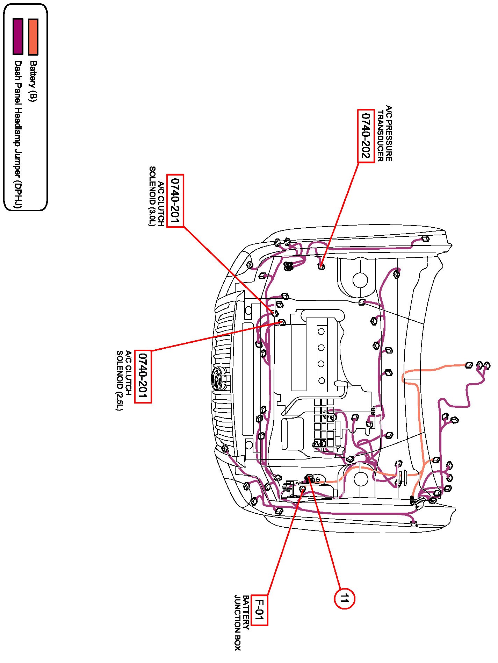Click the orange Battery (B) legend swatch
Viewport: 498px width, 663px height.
pyautogui.click(x=33, y=37)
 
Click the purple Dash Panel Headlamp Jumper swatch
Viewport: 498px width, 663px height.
pyautogui.click(x=18, y=37)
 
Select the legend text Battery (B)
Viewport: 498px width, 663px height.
pyautogui.click(x=33, y=81)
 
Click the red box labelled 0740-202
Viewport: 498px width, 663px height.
pyautogui.click(x=366, y=136)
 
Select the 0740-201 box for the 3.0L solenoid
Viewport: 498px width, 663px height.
pyautogui.click(x=175, y=201)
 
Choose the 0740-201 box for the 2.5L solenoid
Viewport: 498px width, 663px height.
pyautogui.click(x=143, y=376)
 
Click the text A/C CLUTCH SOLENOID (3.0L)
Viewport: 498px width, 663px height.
pyautogui.click(x=157, y=196)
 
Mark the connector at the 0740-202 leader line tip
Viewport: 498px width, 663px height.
pyautogui.click(x=321, y=266)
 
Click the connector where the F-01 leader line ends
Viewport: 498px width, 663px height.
pyautogui.click(x=303, y=490)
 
